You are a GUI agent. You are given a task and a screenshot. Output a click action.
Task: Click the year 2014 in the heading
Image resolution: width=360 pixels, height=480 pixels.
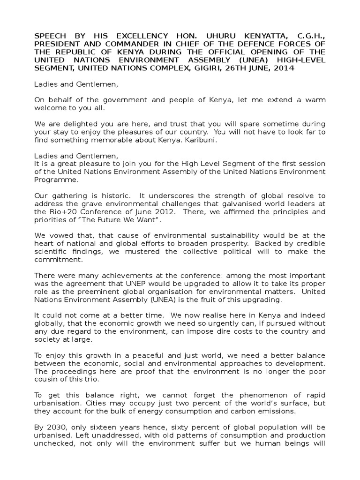pos(282,68)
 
